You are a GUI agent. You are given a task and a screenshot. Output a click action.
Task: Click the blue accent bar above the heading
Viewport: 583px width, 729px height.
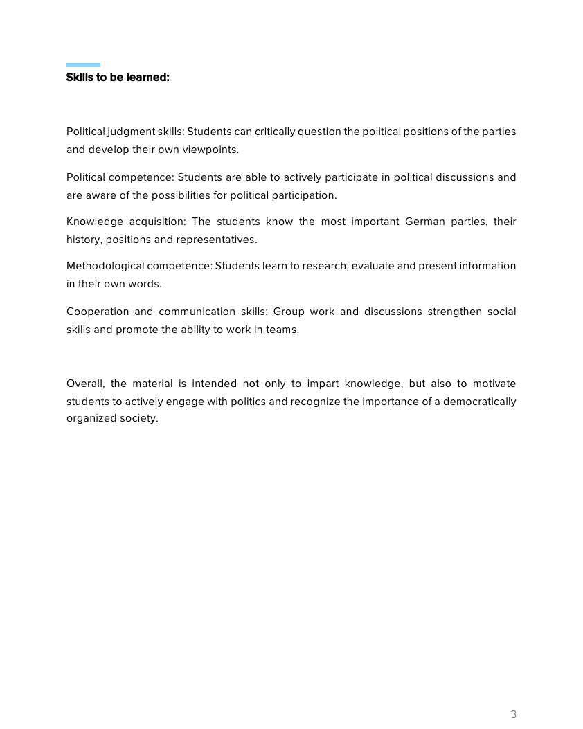click(83, 65)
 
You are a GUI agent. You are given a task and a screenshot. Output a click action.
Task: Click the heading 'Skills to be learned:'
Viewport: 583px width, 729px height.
click(118, 78)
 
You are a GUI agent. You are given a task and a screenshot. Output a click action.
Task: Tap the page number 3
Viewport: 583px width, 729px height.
click(513, 714)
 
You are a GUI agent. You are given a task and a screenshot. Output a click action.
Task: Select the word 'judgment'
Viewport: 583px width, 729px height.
click(136, 132)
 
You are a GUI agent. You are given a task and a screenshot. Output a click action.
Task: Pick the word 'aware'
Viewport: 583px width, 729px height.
click(101, 195)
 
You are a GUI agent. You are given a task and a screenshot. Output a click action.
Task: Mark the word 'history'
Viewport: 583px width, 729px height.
click(83, 240)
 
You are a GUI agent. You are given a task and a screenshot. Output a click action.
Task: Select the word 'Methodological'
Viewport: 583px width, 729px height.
click(105, 266)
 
